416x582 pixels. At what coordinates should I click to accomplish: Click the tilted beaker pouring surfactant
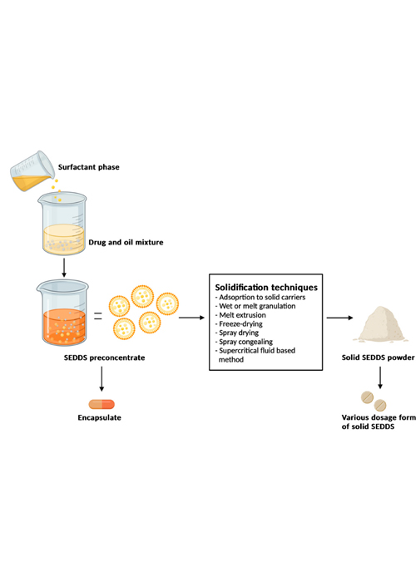pos(32,171)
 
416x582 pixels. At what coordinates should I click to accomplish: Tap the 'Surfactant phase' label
pos(89,167)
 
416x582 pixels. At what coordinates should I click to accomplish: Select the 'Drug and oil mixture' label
pos(126,243)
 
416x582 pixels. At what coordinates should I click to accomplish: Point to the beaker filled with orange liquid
pos(62,313)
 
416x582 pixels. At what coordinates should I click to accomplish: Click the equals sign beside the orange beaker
pos(97,316)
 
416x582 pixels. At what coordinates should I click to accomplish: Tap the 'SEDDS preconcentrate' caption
pos(104,358)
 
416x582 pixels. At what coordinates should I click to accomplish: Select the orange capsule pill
pos(102,404)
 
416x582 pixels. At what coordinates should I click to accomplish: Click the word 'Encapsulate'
pos(100,417)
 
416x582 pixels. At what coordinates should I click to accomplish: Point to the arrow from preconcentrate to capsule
pos(102,378)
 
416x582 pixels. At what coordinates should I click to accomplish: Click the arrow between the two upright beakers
pos(64,268)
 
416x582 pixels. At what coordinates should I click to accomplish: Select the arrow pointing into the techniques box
pos(191,318)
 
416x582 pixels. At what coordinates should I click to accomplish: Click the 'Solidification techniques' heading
pos(266,288)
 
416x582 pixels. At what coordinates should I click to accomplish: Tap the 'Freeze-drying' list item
pos(240,324)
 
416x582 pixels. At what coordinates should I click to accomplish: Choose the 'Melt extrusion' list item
pos(240,315)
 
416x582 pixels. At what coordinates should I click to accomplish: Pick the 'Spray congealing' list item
pos(244,342)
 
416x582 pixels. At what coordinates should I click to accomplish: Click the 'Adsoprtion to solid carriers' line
pos(260,298)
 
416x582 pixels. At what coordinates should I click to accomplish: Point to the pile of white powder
pos(380,324)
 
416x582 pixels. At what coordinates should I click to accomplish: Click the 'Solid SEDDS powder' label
pos(378,358)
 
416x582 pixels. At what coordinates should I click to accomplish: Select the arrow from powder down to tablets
pos(380,377)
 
